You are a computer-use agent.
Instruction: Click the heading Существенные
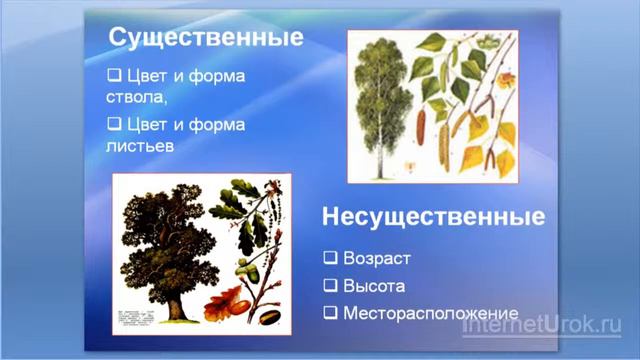coord(205,38)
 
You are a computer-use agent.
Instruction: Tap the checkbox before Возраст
coord(329,257)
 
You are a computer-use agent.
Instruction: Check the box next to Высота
coord(329,285)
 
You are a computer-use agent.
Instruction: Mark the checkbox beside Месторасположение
coord(329,312)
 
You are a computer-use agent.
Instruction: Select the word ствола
coord(135,98)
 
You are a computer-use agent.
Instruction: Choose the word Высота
coord(373,285)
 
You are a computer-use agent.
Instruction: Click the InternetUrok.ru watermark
coord(541,325)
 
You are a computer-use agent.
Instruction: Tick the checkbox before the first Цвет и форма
coord(113,76)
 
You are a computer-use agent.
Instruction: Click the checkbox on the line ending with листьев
coord(113,124)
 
